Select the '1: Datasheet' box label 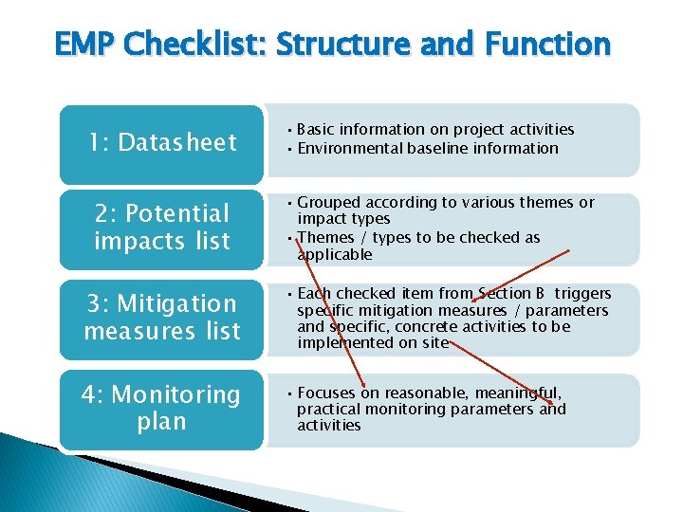coord(162,143)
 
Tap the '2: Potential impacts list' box coord(162,228)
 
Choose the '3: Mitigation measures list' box coord(162,317)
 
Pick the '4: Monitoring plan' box coord(162,407)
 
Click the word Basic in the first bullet coord(321,129)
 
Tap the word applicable coord(334,254)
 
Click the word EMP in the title coord(85,44)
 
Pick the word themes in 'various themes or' coord(547,202)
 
